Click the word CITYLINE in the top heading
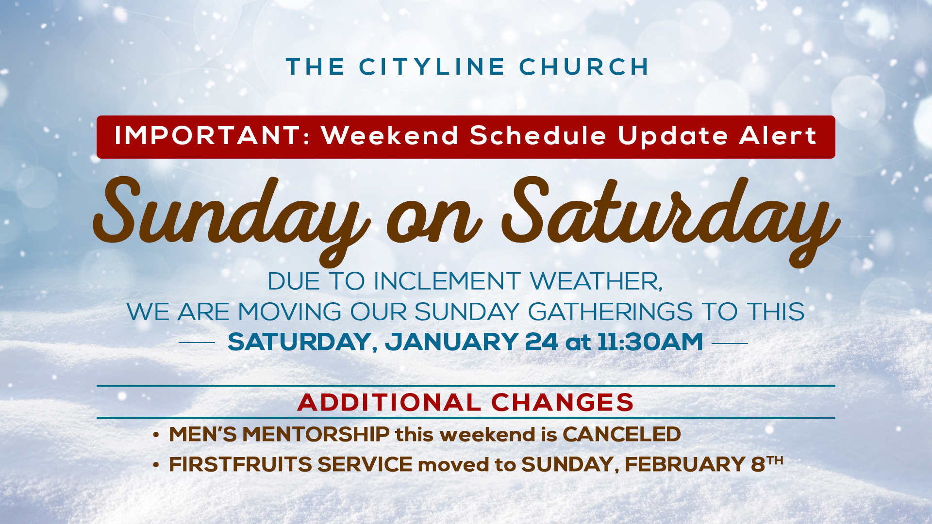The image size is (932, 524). coord(432,67)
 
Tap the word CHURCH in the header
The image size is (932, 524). coord(584,67)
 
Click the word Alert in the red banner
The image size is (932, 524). coord(778,135)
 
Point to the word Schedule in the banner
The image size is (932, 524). coord(538,135)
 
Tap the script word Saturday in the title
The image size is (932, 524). coord(670,218)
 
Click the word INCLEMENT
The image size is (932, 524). coord(447,281)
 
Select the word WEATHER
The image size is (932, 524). coord(596,282)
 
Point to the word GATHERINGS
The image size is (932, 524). coord(610,311)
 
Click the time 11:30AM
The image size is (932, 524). coord(650,342)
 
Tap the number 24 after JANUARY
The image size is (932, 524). coord(542,342)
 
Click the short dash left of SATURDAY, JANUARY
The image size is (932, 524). coord(197,343)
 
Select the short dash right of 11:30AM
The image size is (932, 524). coord(730,344)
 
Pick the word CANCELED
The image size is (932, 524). coord(622,434)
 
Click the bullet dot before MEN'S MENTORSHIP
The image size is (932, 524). coord(156,435)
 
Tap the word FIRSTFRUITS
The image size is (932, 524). coord(241,464)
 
